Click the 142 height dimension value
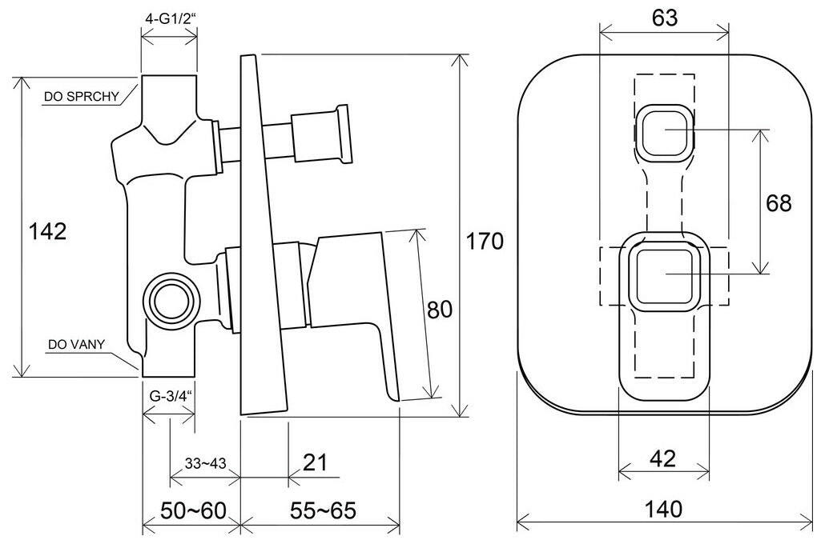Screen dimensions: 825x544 click(x=47, y=230)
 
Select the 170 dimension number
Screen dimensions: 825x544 click(x=485, y=242)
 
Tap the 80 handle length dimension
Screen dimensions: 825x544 click(x=439, y=310)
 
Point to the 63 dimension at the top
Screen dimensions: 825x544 click(x=664, y=18)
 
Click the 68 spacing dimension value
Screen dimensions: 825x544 click(x=779, y=203)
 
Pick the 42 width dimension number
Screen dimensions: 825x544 click(x=662, y=459)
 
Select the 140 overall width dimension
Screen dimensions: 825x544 click(x=663, y=509)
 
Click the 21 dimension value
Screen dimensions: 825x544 click(x=315, y=462)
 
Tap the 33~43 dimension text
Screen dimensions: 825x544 click(x=205, y=463)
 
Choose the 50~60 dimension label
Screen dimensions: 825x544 click(x=193, y=510)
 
